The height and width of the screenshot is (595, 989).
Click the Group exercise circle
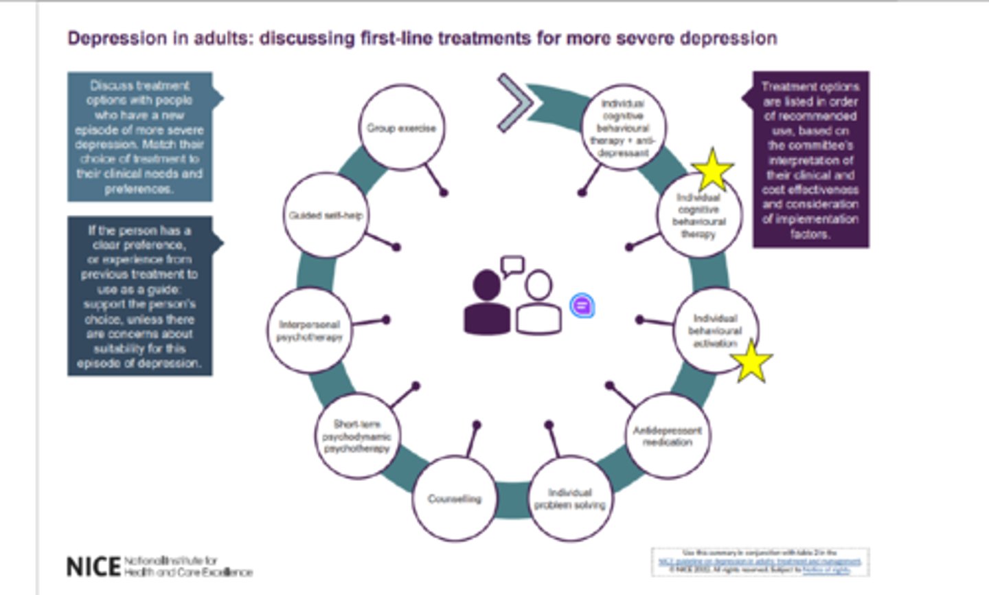tap(401, 128)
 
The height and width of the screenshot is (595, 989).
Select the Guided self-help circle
tap(325, 215)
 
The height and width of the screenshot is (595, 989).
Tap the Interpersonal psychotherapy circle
tap(309, 330)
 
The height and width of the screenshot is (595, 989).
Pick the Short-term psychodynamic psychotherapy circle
tap(356, 436)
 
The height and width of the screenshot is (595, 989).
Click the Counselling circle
tap(454, 499)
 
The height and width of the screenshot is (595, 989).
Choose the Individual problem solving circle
tap(569, 499)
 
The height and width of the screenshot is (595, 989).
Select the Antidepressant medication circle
tap(667, 436)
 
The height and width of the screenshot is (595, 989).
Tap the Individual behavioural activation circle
tap(714, 330)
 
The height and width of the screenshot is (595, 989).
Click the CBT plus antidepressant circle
tap(622, 128)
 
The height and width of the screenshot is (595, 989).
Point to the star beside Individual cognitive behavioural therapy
tap(712, 170)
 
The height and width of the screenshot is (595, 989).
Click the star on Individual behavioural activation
tap(751, 361)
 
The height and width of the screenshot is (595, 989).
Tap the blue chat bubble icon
tap(582, 305)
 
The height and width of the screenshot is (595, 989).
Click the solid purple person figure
tap(487, 302)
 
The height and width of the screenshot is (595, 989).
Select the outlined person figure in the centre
tap(538, 304)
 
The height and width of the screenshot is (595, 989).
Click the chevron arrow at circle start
tap(515, 103)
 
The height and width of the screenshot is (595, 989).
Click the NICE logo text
tap(93, 567)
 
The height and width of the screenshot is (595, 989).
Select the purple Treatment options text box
tap(810, 159)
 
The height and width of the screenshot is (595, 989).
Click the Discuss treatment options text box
tap(139, 137)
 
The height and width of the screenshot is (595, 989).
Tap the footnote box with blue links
tap(760, 561)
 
